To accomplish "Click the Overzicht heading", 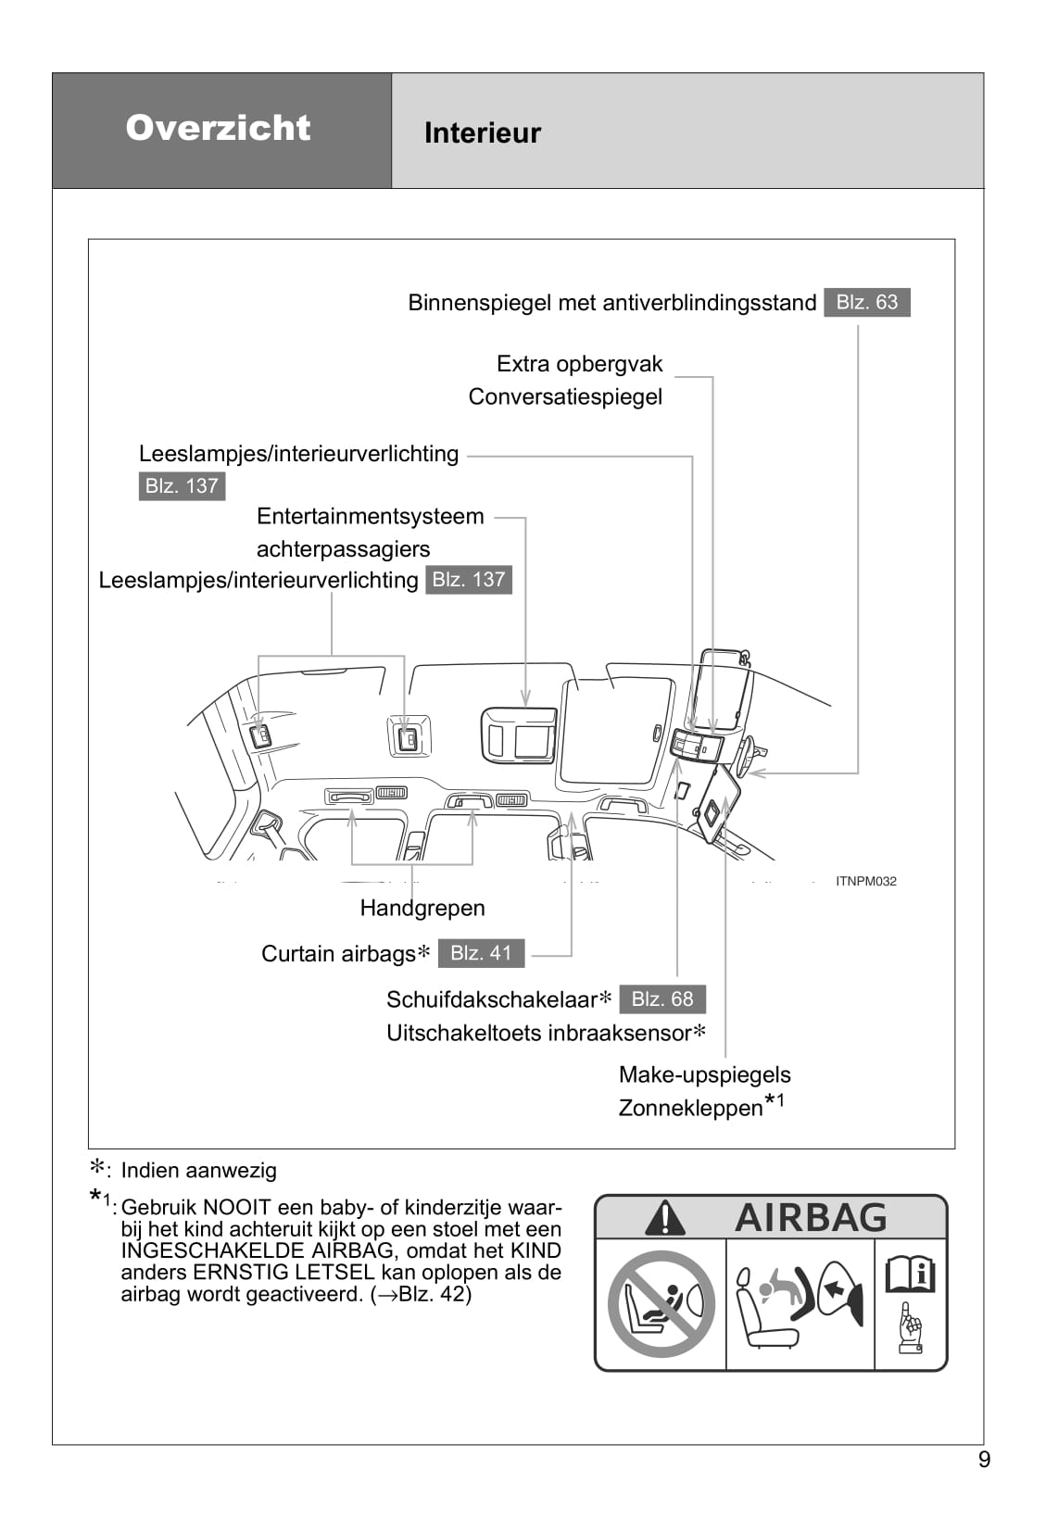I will click(218, 128).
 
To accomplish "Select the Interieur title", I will click(482, 133).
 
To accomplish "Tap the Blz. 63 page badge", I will click(866, 302).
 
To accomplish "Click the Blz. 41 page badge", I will click(481, 953).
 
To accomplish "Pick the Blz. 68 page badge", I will click(662, 999).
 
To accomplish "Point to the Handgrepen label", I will click(422, 908).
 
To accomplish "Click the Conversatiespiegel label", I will click(565, 397).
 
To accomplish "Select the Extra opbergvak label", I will click(580, 364).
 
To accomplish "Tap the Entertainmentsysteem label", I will click(370, 517).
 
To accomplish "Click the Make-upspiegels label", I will click(704, 1075).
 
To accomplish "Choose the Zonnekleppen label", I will click(690, 1108).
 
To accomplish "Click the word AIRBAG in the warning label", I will click(811, 1217).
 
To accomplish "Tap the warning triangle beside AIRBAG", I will click(665, 1218).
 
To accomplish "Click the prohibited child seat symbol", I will click(661, 1304).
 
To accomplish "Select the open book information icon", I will click(910, 1275).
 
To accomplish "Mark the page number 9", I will click(984, 1460).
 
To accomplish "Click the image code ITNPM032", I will click(865, 882).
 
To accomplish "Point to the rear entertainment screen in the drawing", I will click(519, 736).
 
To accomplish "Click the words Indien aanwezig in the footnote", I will click(198, 1171).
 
